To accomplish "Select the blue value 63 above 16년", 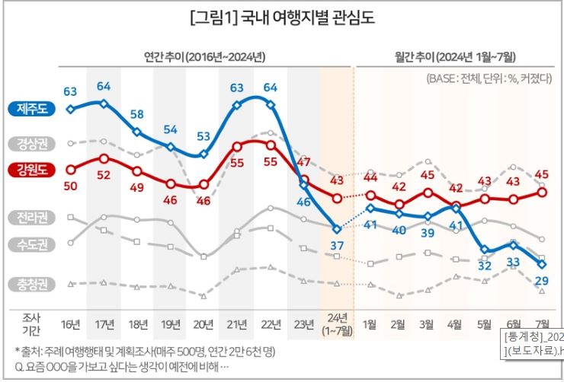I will point(70,92).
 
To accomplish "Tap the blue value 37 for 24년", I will point(337,244).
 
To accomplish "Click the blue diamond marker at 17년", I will point(104,103).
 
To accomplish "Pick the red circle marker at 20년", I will point(203,184).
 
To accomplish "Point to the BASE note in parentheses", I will point(489,78).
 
